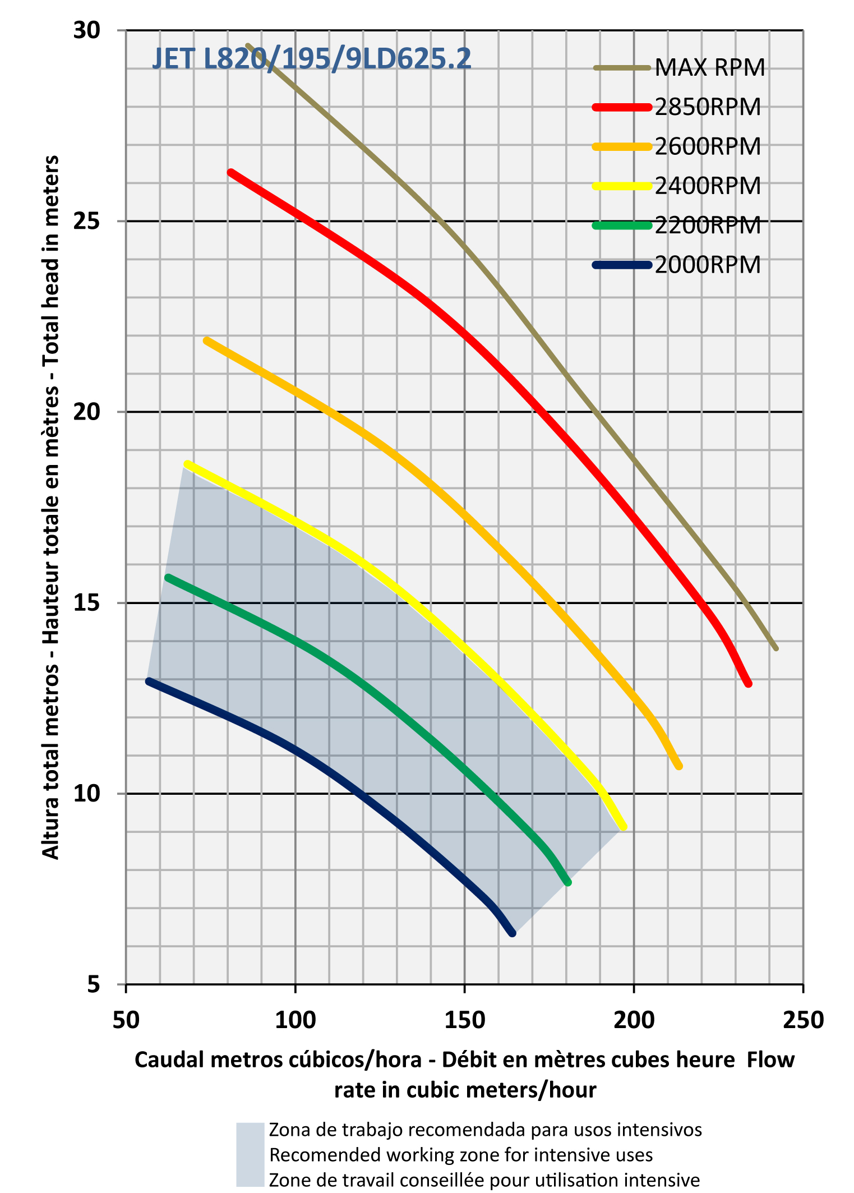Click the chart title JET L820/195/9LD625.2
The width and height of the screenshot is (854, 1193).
point(312,59)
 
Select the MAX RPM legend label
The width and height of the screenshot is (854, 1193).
point(709,68)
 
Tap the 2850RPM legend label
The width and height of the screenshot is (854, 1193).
point(708,107)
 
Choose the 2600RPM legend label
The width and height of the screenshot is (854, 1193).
point(708,146)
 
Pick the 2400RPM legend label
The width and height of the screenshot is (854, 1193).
point(708,186)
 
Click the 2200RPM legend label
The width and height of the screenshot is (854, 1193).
point(708,225)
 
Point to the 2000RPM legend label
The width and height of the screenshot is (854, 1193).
point(708,265)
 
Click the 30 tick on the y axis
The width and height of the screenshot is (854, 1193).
point(87,30)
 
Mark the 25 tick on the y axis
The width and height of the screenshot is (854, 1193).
point(87,221)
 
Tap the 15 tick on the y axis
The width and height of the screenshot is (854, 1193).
point(87,603)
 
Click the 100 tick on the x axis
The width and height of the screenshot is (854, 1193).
point(295,1019)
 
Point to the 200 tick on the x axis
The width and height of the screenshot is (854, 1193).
point(634,1019)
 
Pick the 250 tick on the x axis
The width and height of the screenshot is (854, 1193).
point(803,1019)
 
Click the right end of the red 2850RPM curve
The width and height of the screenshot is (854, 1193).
point(748,683)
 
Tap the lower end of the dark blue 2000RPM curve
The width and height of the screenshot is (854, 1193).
point(512,933)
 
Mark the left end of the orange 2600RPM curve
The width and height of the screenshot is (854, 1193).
point(207,340)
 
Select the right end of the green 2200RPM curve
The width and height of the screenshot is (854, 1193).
point(568,882)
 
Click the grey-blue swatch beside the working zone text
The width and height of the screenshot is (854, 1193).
point(250,1154)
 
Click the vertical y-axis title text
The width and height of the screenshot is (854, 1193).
point(51,508)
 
